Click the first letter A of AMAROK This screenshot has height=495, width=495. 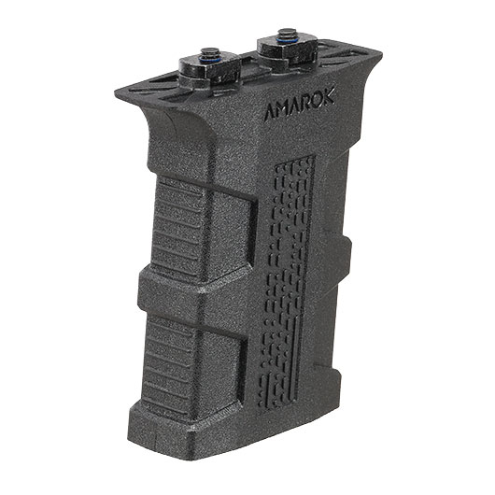[270, 113]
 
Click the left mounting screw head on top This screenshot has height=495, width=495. [207, 52]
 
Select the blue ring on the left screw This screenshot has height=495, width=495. [208, 59]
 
